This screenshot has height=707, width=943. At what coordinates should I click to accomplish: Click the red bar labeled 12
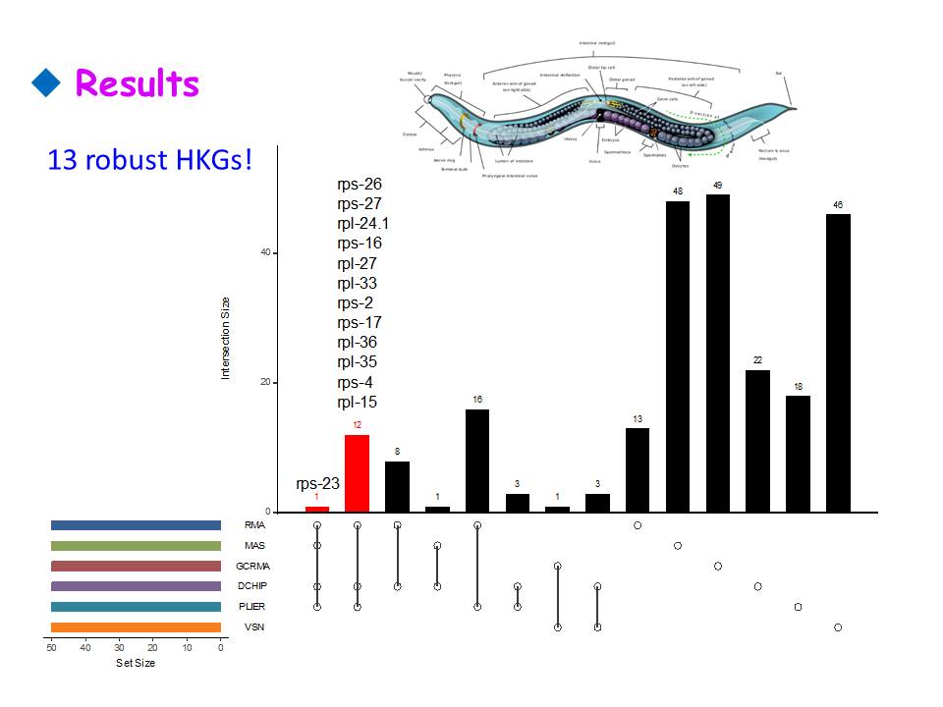(x=357, y=473)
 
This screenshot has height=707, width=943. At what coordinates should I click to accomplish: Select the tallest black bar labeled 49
(x=718, y=353)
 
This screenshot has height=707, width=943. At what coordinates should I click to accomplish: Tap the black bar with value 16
(x=477, y=461)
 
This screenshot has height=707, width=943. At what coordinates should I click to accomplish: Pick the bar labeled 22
(x=758, y=441)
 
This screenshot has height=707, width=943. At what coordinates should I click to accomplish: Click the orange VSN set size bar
(x=136, y=627)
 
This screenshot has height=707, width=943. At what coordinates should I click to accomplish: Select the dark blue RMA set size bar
(x=136, y=525)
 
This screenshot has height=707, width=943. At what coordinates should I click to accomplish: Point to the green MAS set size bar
(x=136, y=546)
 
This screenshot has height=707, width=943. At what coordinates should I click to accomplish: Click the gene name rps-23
(x=317, y=483)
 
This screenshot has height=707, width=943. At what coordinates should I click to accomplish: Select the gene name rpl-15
(x=357, y=402)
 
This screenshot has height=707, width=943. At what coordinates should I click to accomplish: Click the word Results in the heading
(x=138, y=83)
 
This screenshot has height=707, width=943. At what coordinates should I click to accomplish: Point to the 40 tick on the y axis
(x=264, y=253)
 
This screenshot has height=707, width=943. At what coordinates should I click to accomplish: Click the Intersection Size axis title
(x=225, y=338)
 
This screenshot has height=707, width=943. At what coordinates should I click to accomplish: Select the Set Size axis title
(x=136, y=663)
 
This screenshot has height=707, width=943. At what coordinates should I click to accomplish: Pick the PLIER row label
(x=252, y=607)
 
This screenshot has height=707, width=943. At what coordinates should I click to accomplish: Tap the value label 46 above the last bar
(x=838, y=205)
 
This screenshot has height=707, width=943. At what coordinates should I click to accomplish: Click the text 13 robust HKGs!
(x=149, y=159)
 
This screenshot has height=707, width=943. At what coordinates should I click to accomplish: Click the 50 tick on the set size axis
(x=51, y=648)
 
